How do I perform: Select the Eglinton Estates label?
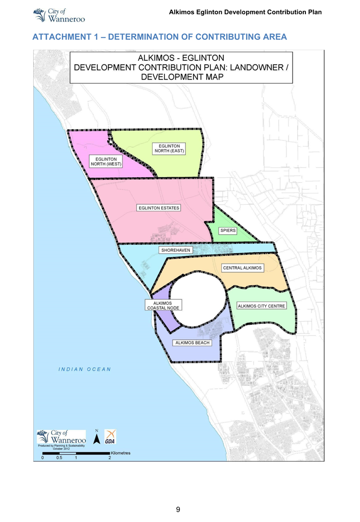click(159, 208)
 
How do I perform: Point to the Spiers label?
click(228, 230)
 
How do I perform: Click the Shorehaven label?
click(176, 250)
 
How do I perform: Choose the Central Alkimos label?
click(242, 268)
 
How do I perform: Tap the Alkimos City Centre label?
click(261, 306)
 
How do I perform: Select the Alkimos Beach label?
click(192, 343)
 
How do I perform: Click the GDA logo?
click(110, 437)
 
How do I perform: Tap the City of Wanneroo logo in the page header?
click(58, 15)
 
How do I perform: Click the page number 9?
click(178, 509)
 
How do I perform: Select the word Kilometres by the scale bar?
click(121, 453)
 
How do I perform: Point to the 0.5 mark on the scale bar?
click(59, 458)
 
